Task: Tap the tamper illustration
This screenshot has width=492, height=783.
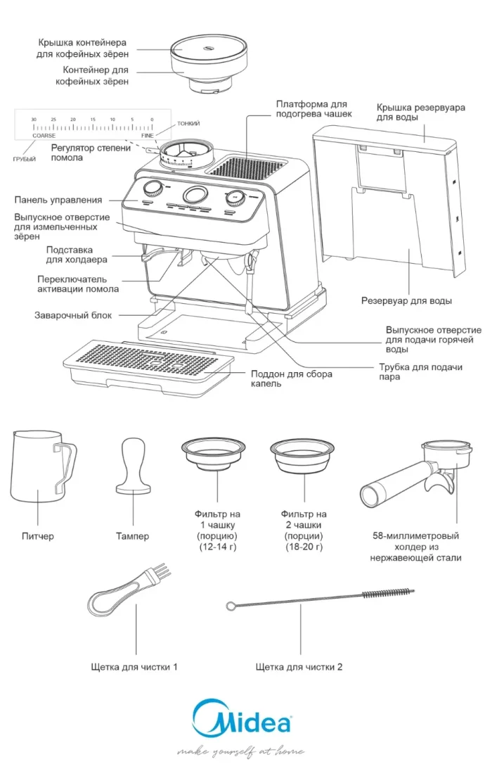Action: [x=134, y=468]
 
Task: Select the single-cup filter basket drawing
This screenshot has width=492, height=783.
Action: [x=216, y=454]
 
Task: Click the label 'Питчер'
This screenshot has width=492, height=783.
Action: [x=37, y=537]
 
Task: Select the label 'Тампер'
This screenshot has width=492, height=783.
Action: [x=132, y=537]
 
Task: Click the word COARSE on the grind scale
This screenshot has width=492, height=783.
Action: [x=44, y=135]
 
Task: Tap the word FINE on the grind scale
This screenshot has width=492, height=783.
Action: [x=147, y=135]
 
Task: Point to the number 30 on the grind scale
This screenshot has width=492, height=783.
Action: [x=33, y=120]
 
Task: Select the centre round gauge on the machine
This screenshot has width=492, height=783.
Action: [x=195, y=196]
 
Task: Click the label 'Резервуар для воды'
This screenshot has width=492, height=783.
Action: [x=406, y=300]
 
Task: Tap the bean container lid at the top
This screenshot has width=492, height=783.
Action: [x=209, y=48]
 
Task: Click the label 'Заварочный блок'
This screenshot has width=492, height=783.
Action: [x=73, y=315]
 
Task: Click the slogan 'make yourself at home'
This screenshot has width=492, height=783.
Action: [x=241, y=752]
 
